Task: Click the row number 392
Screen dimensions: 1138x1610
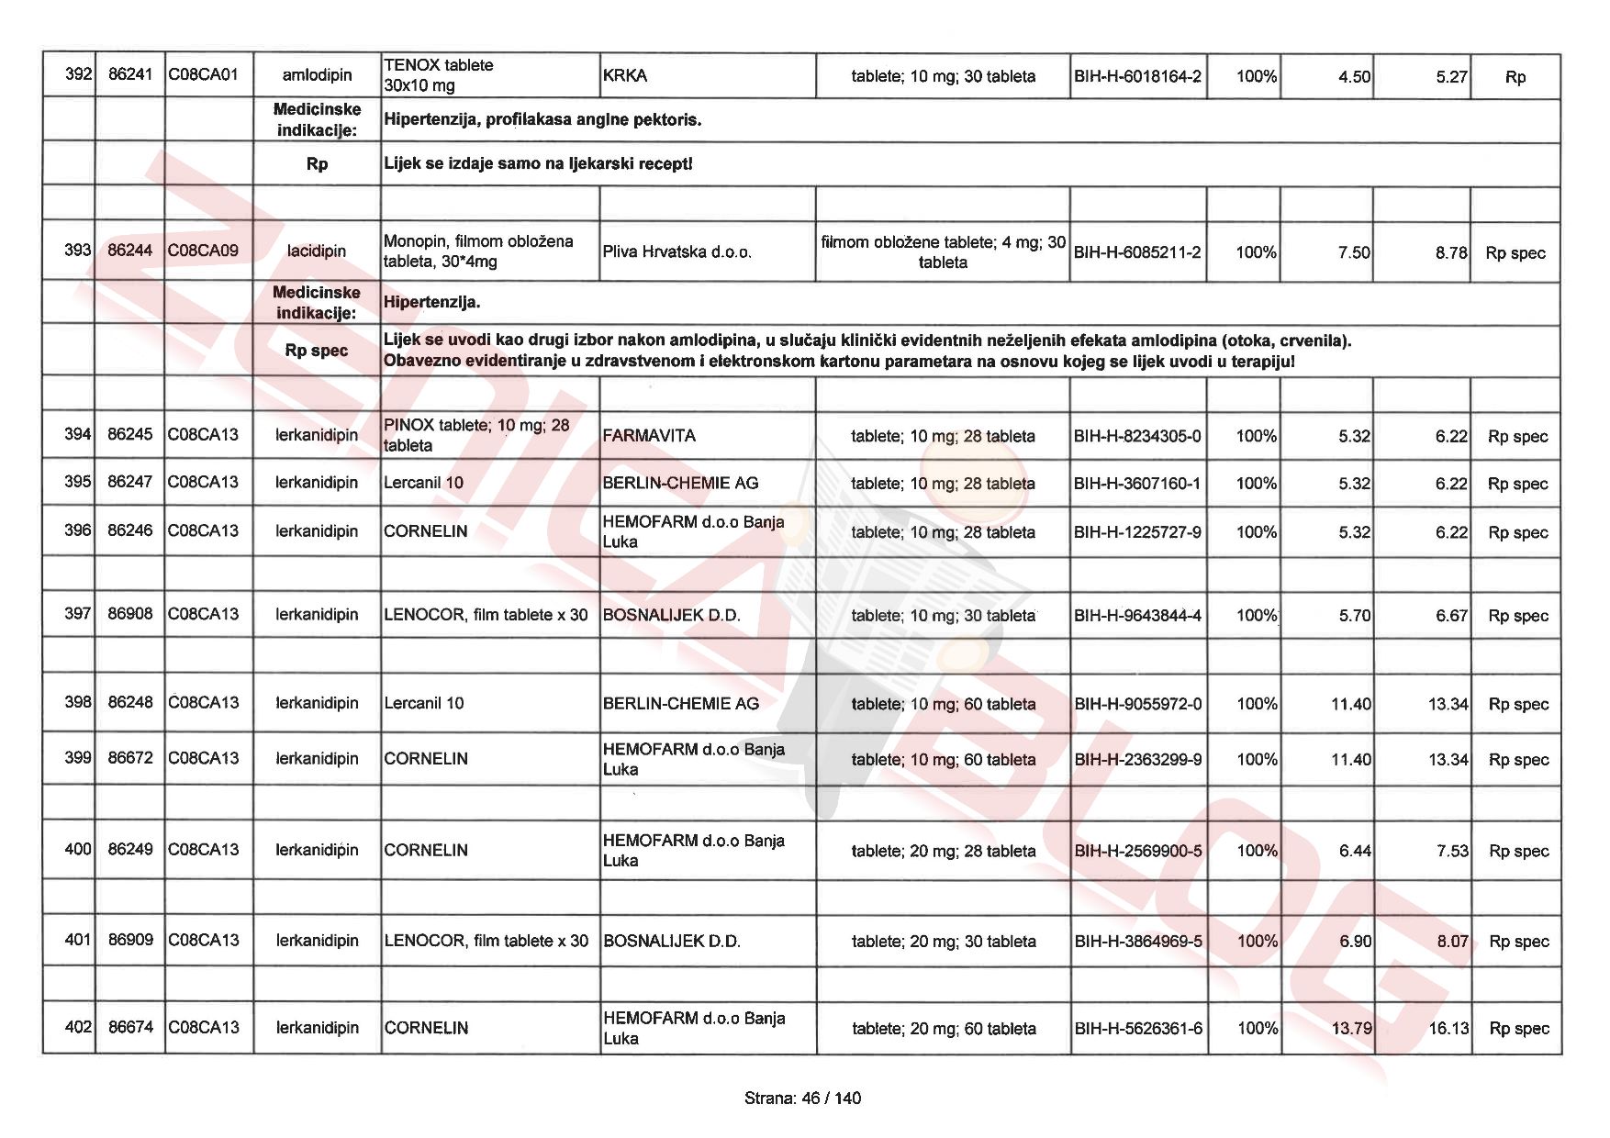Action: (78, 74)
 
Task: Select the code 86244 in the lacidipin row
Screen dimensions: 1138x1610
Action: (129, 250)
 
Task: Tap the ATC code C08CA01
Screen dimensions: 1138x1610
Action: (203, 74)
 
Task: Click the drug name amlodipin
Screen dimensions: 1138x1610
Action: (317, 75)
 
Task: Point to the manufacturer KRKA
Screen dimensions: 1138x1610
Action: (625, 76)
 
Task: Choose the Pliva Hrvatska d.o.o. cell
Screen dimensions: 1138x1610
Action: (676, 251)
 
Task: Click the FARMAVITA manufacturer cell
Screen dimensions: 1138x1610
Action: (649, 436)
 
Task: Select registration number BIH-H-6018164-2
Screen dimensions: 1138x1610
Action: (1137, 76)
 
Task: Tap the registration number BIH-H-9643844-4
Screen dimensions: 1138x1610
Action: (1137, 615)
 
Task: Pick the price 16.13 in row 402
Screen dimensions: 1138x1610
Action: (1448, 1029)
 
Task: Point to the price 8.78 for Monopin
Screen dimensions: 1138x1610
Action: (1451, 252)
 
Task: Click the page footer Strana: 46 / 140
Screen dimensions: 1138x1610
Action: (803, 1098)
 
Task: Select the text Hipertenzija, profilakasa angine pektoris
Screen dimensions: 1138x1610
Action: (542, 119)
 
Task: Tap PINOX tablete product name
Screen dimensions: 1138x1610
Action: (476, 435)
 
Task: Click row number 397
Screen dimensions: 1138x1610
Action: (78, 613)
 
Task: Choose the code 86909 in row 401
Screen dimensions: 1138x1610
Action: (130, 940)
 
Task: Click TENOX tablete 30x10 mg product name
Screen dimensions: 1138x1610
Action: (439, 75)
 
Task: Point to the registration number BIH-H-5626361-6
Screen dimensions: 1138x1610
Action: (1138, 1029)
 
